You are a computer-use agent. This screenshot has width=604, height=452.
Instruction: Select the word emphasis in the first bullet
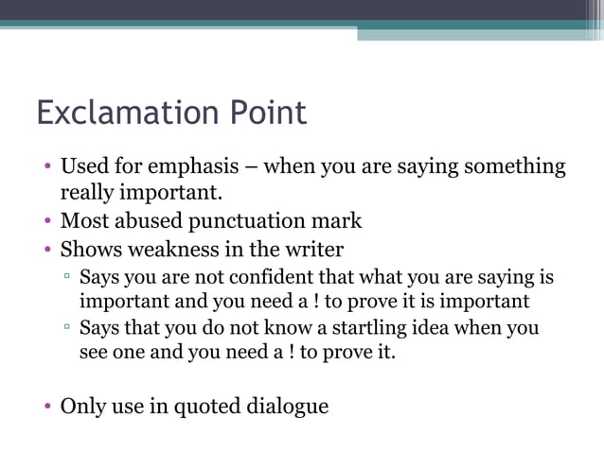click(x=202, y=167)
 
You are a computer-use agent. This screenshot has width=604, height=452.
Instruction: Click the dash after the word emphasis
click(x=251, y=168)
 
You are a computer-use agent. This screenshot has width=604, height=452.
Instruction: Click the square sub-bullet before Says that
click(x=67, y=329)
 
